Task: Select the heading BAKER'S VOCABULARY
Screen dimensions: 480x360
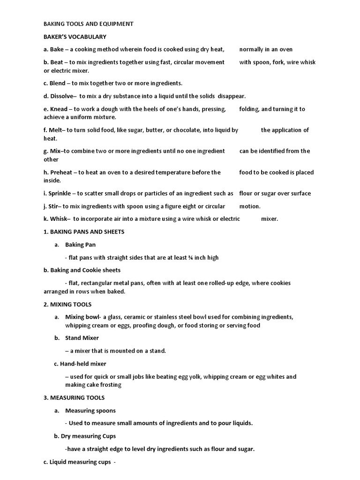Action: click(x=75, y=37)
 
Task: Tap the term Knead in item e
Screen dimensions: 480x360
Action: click(x=59, y=109)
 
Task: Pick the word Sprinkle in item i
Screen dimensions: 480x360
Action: click(x=60, y=193)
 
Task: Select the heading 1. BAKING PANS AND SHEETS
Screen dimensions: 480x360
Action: click(x=84, y=232)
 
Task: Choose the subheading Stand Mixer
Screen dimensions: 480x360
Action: click(x=82, y=337)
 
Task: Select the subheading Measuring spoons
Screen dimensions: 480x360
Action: click(x=90, y=411)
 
